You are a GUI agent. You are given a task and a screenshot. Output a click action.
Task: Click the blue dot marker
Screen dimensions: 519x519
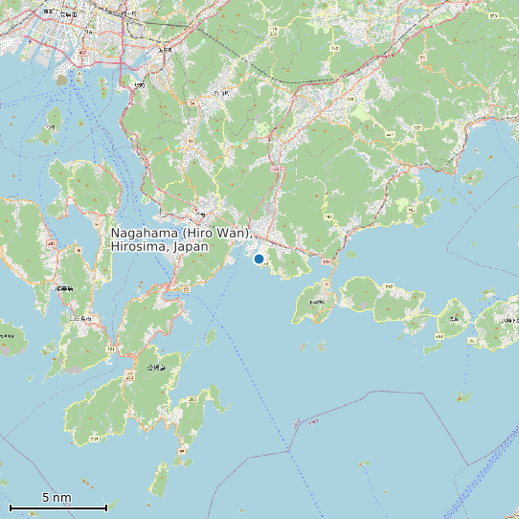[259, 259]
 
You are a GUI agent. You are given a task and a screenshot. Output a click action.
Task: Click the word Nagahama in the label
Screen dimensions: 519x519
[144, 233]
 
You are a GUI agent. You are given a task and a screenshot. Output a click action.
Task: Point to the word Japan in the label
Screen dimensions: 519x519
[192, 247]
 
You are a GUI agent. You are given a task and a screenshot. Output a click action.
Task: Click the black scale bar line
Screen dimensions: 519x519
[57, 508]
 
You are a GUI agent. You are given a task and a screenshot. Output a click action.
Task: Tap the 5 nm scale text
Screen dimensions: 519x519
[57, 498]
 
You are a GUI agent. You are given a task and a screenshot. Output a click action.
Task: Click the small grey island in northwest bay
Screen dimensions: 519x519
[62, 80]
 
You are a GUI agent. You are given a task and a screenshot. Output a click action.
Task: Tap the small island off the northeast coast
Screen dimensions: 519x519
[472, 176]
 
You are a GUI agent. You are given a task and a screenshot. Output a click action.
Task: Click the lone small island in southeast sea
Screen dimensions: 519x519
[463, 396]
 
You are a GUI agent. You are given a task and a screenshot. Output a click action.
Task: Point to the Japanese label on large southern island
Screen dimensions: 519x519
[155, 368]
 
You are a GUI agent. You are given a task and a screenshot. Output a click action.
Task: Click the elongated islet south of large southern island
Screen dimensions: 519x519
[160, 479]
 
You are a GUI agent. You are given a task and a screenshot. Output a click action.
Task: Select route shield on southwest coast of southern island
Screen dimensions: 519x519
[95, 439]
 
